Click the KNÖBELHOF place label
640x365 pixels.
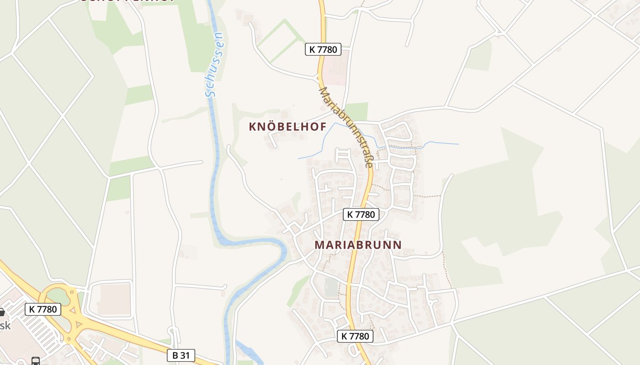288,127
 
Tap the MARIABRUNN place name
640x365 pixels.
358,245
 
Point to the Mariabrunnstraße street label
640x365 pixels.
346,127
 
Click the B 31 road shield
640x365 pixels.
181,355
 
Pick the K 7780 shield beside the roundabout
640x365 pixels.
43,309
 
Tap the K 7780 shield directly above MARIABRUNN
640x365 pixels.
361,214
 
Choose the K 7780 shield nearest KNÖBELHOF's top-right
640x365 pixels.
323,49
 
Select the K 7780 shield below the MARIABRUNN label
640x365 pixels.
355,337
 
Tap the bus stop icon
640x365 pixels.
36,361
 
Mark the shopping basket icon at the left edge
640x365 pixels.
1,313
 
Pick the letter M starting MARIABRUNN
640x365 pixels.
320,245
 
